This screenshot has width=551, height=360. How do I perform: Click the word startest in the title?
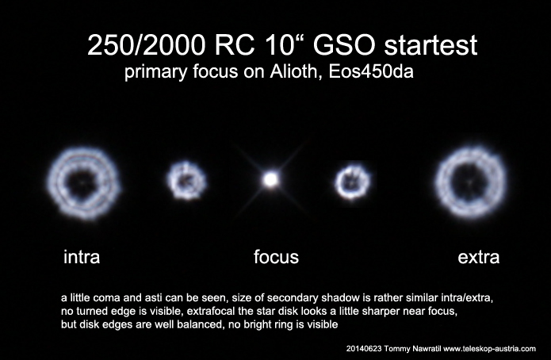point(430,46)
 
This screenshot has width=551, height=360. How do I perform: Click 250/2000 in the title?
point(146,45)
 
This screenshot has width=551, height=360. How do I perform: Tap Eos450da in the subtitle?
point(371,71)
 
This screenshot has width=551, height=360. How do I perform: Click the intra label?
point(82,257)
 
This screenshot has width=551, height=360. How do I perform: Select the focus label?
point(276,257)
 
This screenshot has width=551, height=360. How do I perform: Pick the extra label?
point(479,257)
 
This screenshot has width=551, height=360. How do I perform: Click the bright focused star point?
point(270,180)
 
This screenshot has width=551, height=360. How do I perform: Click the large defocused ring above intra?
point(56,183)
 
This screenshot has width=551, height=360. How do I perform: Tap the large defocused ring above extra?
point(443,183)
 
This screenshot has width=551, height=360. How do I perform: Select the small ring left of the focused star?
point(172,181)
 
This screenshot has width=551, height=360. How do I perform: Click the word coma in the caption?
point(105,298)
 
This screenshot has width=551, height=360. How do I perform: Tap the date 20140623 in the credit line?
point(364,349)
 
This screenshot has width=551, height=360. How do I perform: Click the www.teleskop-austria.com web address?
point(489,349)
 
